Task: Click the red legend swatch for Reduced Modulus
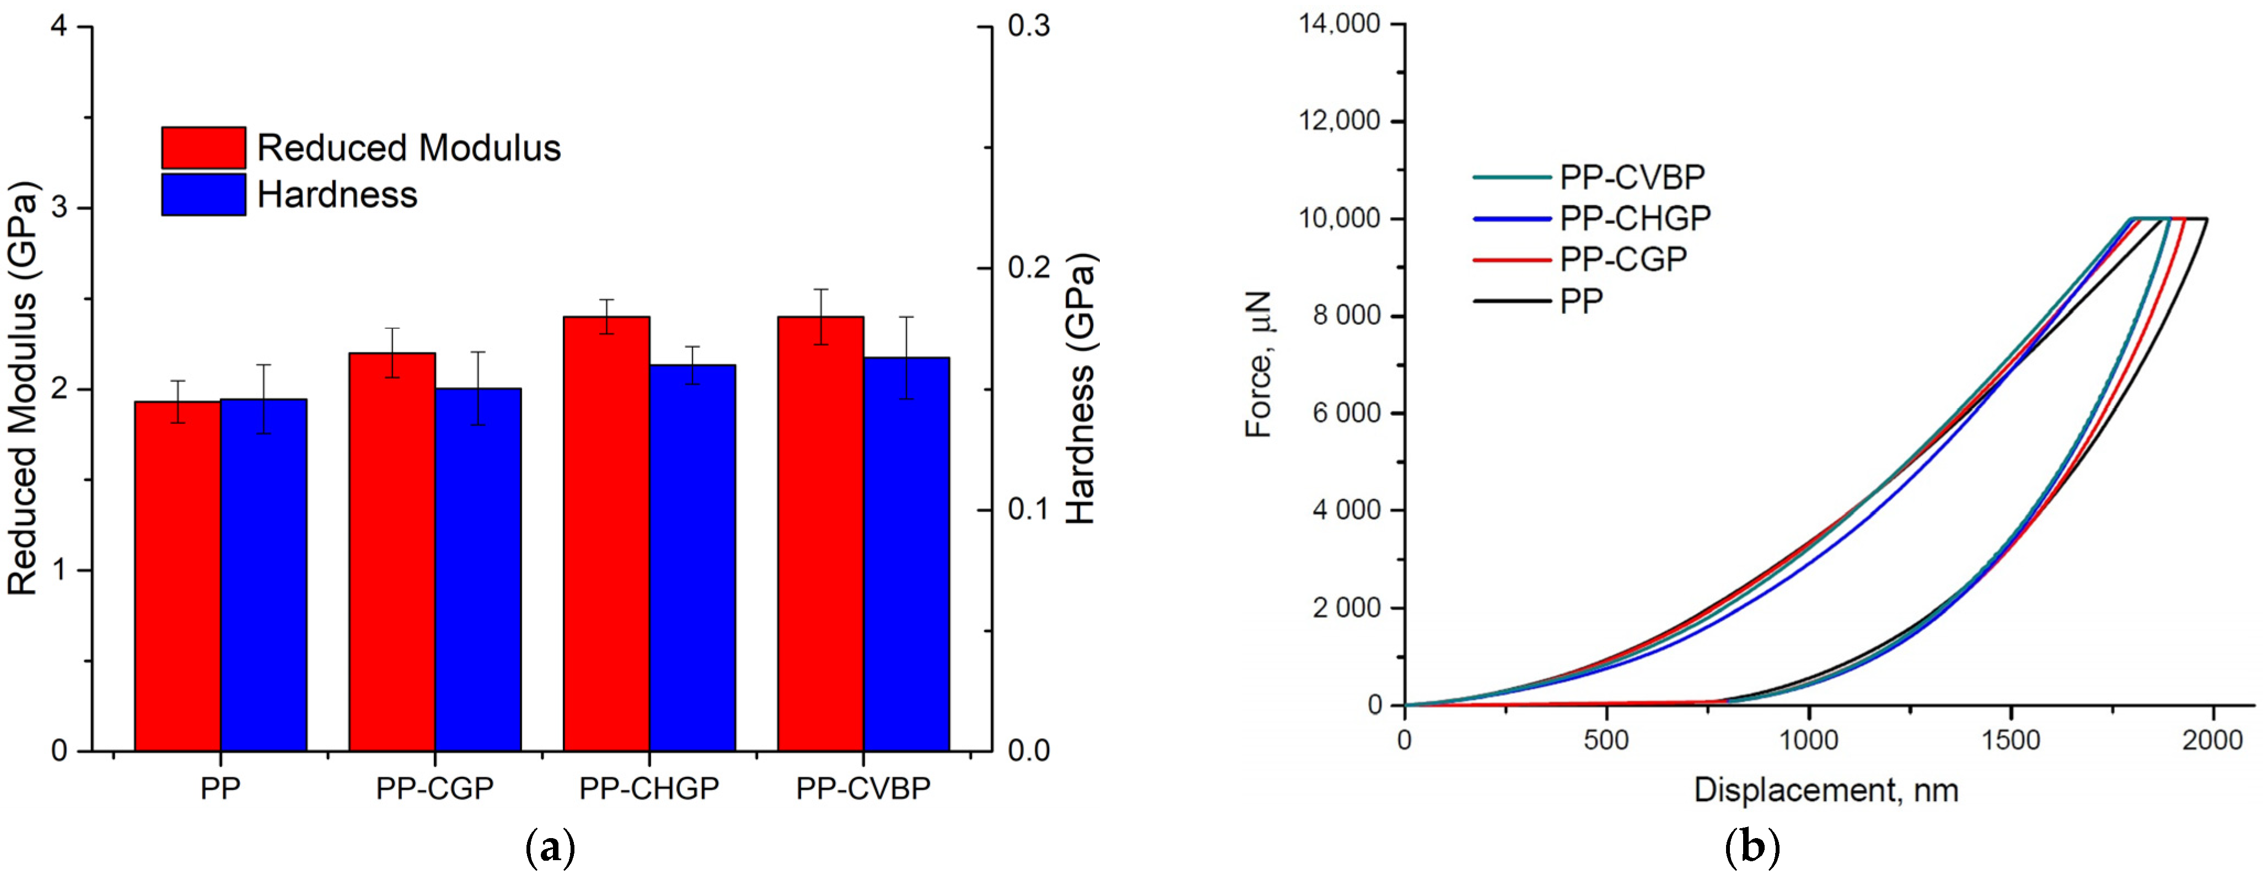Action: click(203, 148)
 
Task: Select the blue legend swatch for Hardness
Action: click(203, 194)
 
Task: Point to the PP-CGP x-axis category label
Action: click(435, 788)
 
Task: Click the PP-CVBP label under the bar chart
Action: click(863, 788)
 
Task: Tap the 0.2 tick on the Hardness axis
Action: click(1027, 268)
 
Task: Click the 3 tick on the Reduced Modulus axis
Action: click(60, 208)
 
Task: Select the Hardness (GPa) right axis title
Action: click(1082, 389)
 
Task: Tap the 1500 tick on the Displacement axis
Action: click(2011, 741)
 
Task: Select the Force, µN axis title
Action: click(1259, 364)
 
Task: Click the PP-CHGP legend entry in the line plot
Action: click(1634, 218)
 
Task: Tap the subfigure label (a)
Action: click(550, 849)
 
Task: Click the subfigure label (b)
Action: click(1752, 849)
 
